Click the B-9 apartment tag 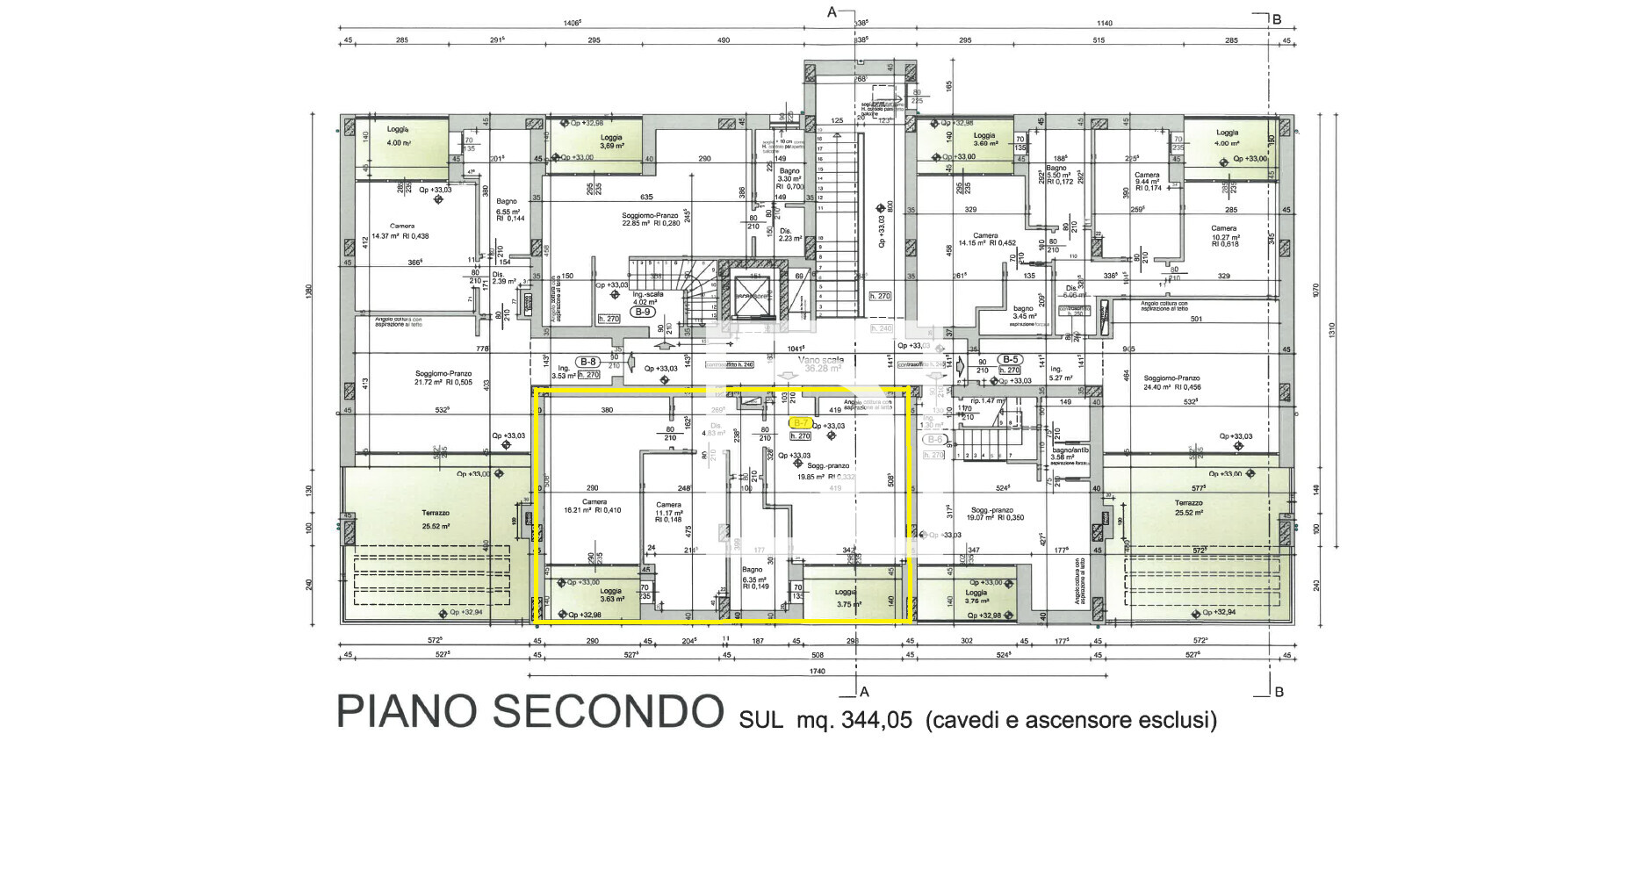click(x=643, y=312)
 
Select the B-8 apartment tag click(x=587, y=361)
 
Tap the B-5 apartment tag click(x=1010, y=359)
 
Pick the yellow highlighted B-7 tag click(x=800, y=423)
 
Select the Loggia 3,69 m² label click(x=611, y=141)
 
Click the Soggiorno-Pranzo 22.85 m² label click(x=650, y=219)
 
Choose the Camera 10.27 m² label click(x=1224, y=233)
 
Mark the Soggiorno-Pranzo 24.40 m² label click(x=1172, y=383)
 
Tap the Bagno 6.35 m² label click(x=754, y=575)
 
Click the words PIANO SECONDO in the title click(x=530, y=712)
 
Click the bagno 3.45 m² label click(x=1023, y=312)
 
